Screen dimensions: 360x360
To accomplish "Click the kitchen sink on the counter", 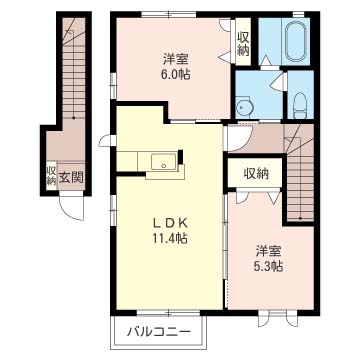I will click(x=160, y=162).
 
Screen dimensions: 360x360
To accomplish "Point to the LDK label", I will click(x=167, y=220).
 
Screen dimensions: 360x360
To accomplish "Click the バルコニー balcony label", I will click(x=158, y=332).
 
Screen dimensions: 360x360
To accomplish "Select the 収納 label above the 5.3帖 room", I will click(x=256, y=173).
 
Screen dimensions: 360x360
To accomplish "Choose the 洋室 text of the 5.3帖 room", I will click(x=267, y=250).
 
